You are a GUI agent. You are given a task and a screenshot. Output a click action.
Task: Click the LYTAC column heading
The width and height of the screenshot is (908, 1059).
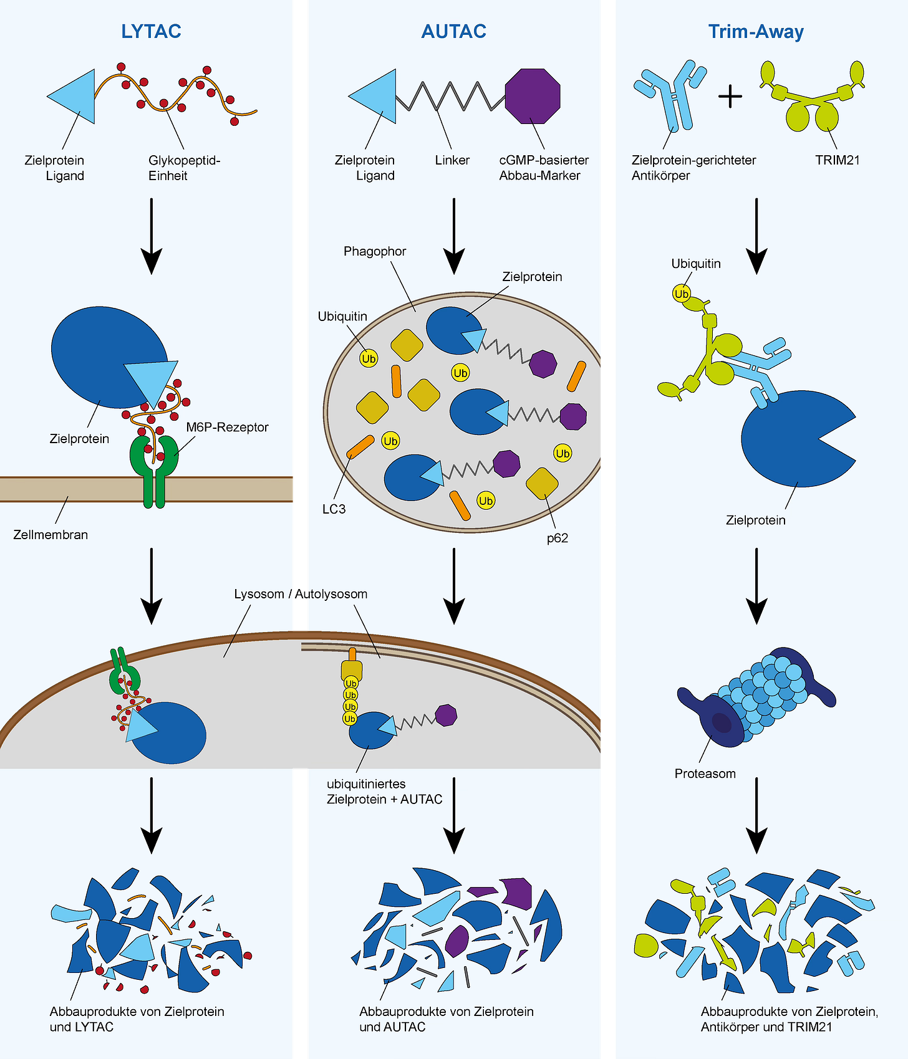tap(151, 31)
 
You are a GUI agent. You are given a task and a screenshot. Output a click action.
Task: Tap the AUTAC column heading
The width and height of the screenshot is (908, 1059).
tap(453, 31)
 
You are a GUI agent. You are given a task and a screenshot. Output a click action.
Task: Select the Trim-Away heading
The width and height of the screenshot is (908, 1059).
tap(756, 31)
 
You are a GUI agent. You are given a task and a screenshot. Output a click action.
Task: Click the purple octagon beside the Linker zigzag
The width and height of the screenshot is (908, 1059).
tap(533, 96)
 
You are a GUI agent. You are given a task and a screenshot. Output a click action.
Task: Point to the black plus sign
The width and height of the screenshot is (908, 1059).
tap(730, 97)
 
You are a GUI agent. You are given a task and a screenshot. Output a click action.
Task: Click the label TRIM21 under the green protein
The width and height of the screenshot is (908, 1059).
tap(837, 160)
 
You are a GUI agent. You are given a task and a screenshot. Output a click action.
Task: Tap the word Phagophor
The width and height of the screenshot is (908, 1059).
tap(374, 251)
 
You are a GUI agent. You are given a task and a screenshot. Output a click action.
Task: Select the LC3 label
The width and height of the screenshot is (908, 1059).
tap(334, 509)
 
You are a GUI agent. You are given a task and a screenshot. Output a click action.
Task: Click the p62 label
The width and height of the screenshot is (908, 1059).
tap(557, 538)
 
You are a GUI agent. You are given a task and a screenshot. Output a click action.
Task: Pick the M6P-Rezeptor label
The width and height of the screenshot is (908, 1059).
tap(227, 427)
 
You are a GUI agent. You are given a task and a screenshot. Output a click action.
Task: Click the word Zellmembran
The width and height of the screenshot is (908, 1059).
tap(51, 535)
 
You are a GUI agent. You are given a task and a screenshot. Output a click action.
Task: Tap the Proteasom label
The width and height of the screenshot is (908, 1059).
tap(705, 774)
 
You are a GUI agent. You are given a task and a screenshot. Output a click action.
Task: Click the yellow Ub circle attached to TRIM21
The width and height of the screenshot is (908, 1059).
tap(681, 294)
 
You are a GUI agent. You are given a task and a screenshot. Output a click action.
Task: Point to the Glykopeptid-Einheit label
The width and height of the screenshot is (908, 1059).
tap(184, 168)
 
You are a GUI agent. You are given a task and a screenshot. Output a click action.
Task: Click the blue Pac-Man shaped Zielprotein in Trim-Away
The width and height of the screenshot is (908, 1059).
tap(792, 439)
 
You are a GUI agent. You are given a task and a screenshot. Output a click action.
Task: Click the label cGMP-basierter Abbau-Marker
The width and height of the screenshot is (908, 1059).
tap(543, 168)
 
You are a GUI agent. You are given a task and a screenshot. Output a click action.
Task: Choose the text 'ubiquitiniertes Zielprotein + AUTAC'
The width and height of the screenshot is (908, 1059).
tap(384, 792)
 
